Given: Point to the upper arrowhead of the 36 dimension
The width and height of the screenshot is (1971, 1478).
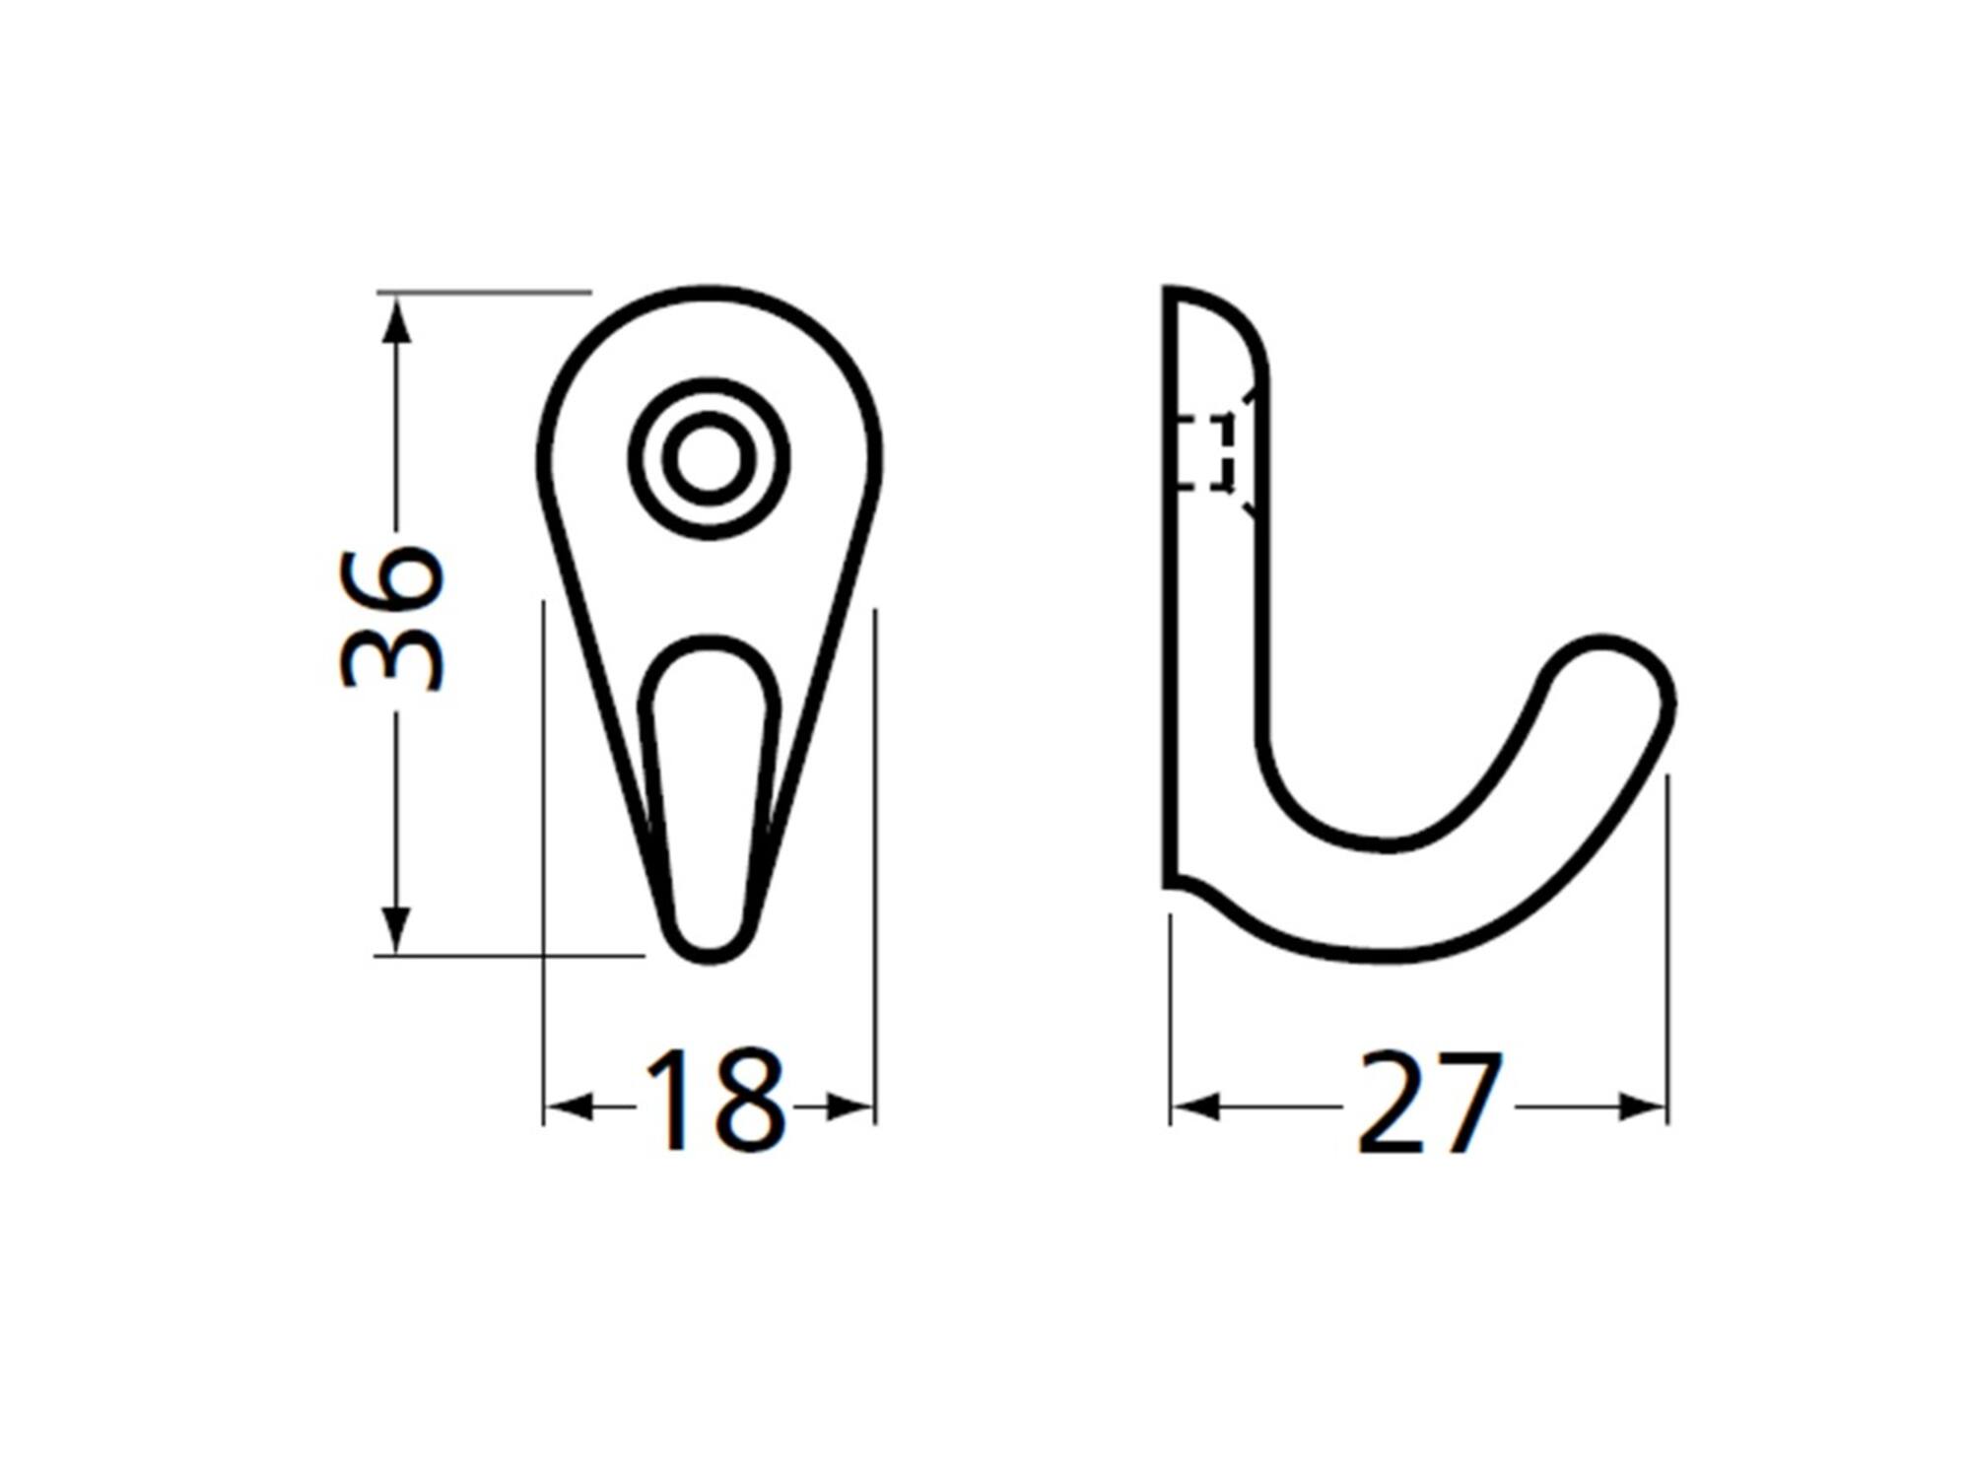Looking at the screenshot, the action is (x=396, y=320).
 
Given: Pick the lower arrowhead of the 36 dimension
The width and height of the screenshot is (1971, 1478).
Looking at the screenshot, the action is (x=396, y=929).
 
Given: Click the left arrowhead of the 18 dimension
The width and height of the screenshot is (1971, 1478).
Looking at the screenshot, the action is (x=569, y=1108).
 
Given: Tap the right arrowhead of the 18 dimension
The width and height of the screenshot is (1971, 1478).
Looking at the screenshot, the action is (x=850, y=1108).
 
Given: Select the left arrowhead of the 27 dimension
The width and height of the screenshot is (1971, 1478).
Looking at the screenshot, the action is (x=1195, y=1107).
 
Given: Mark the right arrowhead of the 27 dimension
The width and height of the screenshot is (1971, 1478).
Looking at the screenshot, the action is (x=1642, y=1107).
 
